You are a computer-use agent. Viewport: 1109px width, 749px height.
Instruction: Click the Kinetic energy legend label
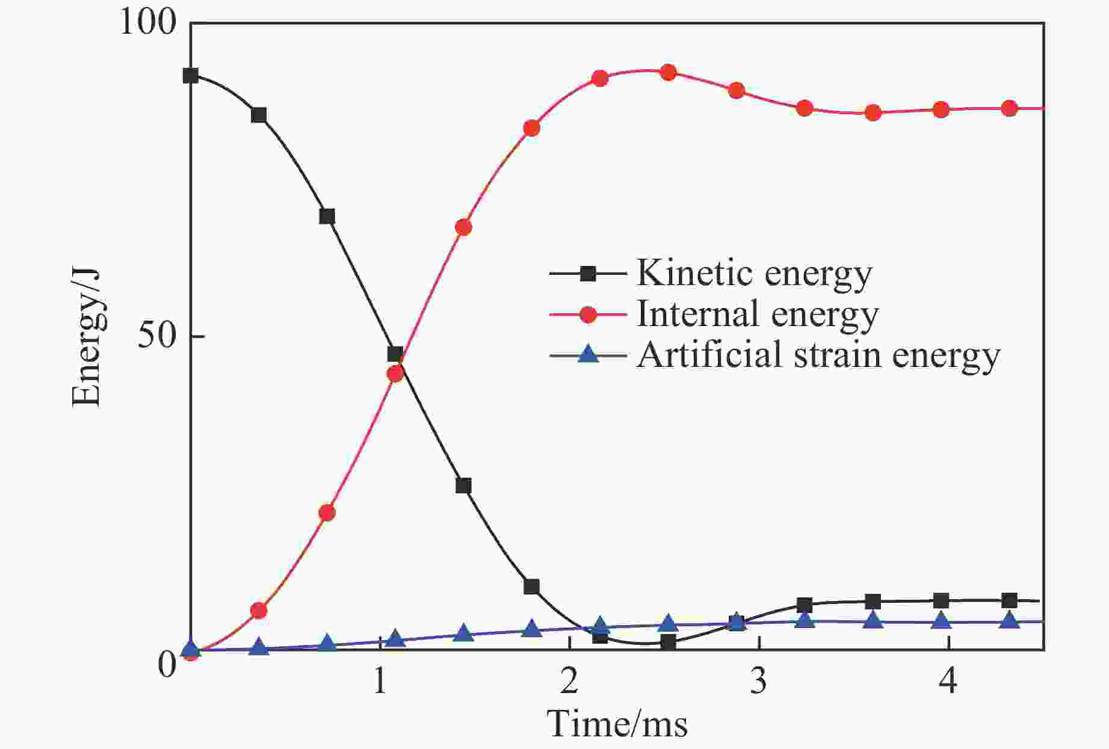(x=753, y=274)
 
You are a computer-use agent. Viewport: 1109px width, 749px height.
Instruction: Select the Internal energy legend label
(x=757, y=314)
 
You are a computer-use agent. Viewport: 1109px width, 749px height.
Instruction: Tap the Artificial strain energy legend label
(x=818, y=355)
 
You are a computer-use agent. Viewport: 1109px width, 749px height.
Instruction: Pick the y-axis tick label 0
(x=167, y=665)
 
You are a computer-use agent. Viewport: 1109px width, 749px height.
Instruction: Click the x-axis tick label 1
(x=380, y=682)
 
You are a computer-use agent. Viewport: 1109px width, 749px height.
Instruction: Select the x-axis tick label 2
(x=569, y=682)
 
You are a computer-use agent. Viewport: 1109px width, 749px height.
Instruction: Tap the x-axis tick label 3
(x=759, y=682)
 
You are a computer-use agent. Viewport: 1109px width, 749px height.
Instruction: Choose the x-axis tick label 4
(x=948, y=682)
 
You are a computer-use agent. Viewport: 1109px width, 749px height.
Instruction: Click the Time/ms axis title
(x=617, y=723)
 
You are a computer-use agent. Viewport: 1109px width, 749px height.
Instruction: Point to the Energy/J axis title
(x=86, y=337)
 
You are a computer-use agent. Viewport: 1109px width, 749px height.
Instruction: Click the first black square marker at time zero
(x=191, y=75)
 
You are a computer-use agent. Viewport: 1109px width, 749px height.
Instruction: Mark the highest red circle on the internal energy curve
(x=668, y=73)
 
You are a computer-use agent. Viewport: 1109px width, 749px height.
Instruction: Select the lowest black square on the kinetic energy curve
(x=668, y=642)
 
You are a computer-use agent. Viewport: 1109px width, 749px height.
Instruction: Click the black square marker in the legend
(x=588, y=274)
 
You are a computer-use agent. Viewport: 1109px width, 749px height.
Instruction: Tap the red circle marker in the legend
(x=588, y=315)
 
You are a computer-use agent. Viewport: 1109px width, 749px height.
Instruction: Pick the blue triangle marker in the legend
(x=588, y=355)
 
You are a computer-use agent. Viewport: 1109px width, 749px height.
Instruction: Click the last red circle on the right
(x=1010, y=108)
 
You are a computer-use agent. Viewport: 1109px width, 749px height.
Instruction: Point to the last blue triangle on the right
(x=1010, y=620)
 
